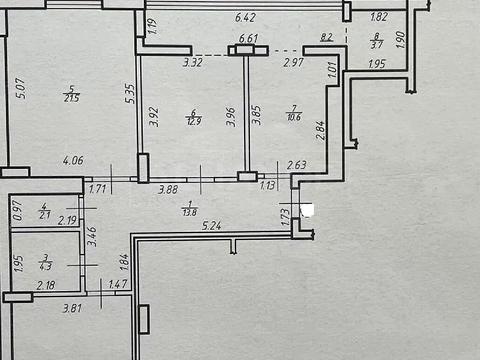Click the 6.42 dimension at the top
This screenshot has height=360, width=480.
click(x=245, y=17)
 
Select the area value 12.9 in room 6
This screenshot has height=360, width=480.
click(x=192, y=121)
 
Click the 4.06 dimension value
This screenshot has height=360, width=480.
click(x=72, y=160)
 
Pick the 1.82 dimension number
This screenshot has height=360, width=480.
click(x=379, y=17)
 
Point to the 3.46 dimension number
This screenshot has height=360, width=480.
click(x=91, y=237)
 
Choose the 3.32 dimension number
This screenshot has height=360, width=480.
click(x=193, y=63)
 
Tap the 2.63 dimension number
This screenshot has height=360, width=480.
click(x=297, y=166)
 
